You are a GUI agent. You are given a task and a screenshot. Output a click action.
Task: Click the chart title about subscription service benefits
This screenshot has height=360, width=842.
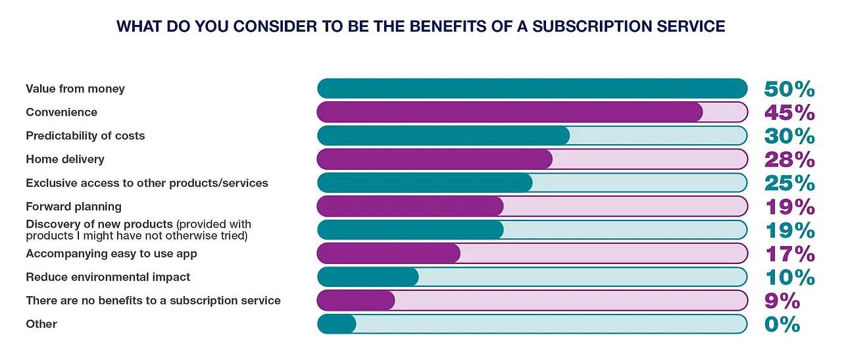(x=421, y=27)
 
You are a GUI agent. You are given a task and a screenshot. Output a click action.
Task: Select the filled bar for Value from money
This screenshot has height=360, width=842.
(x=532, y=88)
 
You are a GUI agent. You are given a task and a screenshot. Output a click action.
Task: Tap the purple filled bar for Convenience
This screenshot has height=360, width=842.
(x=510, y=112)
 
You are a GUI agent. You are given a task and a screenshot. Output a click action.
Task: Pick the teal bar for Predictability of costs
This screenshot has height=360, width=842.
(x=443, y=136)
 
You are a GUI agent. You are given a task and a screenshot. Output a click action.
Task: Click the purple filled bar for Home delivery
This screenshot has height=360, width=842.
(x=435, y=159)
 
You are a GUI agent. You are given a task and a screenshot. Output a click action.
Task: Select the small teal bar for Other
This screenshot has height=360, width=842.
(x=336, y=324)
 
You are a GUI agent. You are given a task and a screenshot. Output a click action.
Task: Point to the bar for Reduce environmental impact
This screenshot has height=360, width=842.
(x=368, y=277)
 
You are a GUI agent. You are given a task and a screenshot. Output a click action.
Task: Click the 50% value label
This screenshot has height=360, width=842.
(x=789, y=89)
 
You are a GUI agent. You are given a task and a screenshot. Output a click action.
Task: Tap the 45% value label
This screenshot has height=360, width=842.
(x=789, y=113)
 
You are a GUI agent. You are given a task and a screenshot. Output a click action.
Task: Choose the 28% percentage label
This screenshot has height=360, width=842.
(x=789, y=160)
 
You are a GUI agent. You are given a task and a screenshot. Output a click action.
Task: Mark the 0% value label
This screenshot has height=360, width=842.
(x=782, y=324)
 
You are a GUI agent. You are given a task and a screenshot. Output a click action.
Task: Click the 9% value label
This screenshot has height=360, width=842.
(x=782, y=301)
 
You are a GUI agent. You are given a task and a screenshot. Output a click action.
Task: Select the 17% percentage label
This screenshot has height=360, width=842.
(x=789, y=254)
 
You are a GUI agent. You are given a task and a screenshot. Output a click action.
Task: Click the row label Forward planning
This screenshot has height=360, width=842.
(x=74, y=207)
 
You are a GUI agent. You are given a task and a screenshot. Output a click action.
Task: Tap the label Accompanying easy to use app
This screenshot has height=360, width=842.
(x=111, y=253)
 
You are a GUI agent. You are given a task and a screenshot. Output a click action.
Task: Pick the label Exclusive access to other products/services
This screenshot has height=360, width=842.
(x=147, y=183)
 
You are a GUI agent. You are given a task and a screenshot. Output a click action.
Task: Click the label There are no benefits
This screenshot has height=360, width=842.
(x=153, y=301)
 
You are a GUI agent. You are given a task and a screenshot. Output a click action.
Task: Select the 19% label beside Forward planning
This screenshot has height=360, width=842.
(x=789, y=207)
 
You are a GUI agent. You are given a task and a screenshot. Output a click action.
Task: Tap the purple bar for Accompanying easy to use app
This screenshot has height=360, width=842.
(x=389, y=253)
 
